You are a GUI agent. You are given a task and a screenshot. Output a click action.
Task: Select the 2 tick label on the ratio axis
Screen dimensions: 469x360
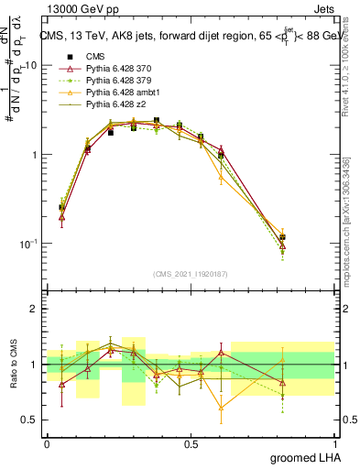click(x=34, y=310)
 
